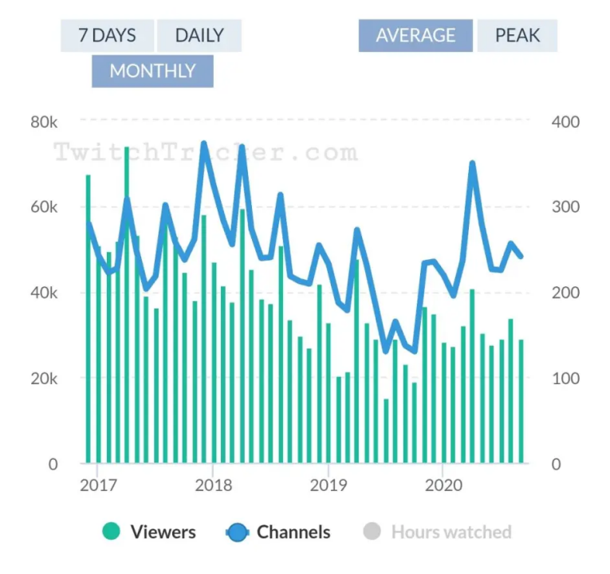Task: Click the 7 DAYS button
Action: tap(107, 36)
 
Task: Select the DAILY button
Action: tap(199, 36)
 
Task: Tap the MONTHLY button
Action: tap(152, 71)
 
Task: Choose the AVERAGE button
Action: tap(415, 36)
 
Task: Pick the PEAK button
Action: tap(517, 36)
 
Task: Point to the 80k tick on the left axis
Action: tap(44, 122)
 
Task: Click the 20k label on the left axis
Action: tap(44, 378)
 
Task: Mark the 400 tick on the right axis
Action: tap(565, 122)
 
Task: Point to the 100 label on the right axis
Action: tap(565, 378)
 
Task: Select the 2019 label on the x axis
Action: tap(326, 485)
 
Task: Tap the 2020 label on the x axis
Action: tap(441, 485)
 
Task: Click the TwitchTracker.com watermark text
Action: tap(206, 152)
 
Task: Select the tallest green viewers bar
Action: tap(127, 303)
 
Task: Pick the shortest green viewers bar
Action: tap(386, 431)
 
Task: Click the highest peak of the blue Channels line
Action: tap(203, 144)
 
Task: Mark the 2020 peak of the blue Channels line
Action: tap(472, 163)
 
